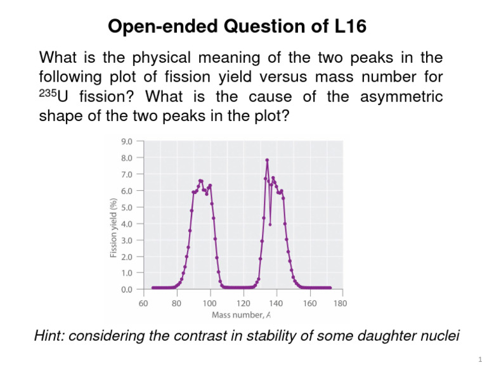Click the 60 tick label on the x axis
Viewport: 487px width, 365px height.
coord(144,303)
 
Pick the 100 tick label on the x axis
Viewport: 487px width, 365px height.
coord(210,303)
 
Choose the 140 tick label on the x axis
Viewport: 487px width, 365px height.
coord(276,303)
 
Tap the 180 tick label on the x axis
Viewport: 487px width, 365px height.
coord(341,303)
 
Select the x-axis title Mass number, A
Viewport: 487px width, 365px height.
coord(242,314)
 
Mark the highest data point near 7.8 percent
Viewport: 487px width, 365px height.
coord(268,160)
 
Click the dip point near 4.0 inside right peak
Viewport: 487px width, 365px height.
coord(270,224)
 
